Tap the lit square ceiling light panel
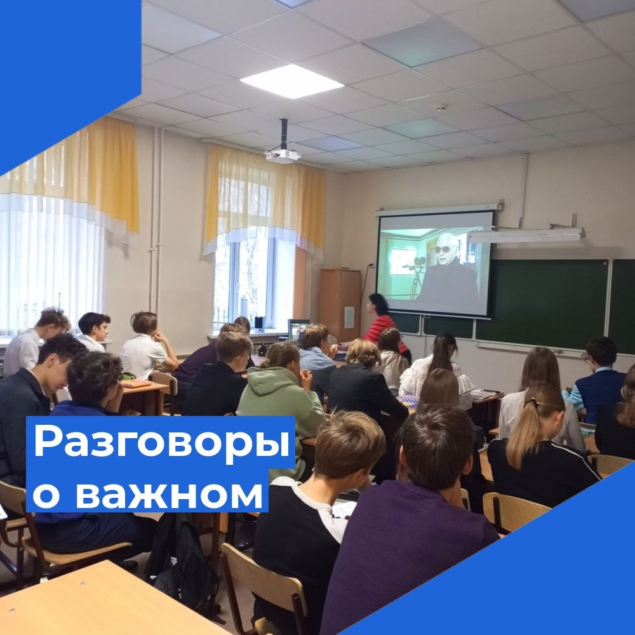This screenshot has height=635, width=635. click(291, 81)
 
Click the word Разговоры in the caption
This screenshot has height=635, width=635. click(161, 442)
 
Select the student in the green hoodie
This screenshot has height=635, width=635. click(281, 401)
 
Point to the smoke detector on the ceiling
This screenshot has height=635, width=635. click(441, 107)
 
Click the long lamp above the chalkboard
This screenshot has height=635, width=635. click(526, 236)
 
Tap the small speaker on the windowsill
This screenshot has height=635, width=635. click(258, 324)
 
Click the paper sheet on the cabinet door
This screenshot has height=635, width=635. click(349, 317)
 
